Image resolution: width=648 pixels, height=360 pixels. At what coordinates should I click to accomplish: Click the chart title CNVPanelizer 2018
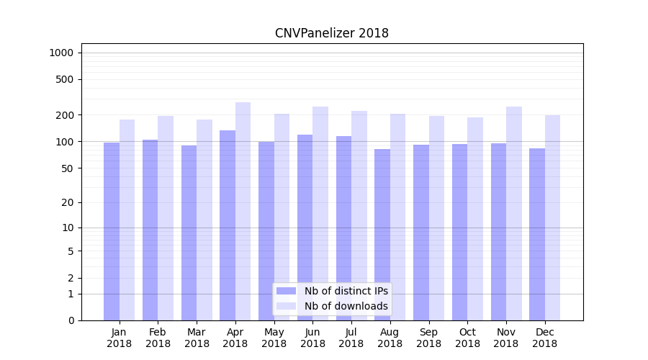tap(332, 33)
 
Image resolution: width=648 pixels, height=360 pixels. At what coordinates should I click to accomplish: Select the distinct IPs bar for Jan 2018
tap(112, 230)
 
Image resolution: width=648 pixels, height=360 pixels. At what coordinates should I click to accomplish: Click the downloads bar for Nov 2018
tap(514, 213)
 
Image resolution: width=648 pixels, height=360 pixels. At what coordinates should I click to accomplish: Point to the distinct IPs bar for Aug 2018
tap(382, 234)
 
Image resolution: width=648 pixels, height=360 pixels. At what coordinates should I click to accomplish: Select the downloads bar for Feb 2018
tap(166, 217)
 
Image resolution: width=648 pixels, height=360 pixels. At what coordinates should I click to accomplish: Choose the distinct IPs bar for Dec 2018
tap(537, 234)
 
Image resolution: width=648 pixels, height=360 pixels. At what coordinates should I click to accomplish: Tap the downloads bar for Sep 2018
tap(436, 217)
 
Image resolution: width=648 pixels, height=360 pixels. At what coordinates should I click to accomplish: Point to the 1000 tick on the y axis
tap(61, 53)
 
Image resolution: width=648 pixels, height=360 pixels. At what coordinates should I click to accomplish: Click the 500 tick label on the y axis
tap(66, 79)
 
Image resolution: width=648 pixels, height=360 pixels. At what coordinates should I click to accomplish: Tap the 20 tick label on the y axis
tap(68, 202)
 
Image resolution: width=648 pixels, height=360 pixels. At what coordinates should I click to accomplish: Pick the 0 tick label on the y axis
tap(71, 320)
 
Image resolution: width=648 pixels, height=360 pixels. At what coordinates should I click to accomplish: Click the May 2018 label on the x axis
tap(274, 338)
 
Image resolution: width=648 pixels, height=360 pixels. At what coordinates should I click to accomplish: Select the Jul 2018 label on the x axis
tap(351, 338)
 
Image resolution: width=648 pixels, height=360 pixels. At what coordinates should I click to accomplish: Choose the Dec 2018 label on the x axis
tap(545, 338)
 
